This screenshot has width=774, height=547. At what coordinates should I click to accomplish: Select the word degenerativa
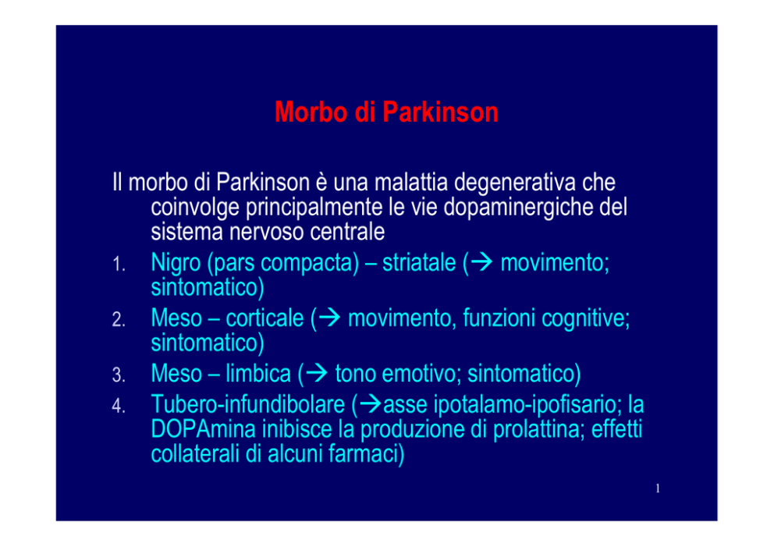(515, 183)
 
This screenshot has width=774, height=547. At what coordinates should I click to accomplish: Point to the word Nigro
(176, 264)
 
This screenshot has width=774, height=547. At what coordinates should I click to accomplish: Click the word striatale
(419, 262)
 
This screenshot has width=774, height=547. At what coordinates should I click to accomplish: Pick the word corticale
(265, 318)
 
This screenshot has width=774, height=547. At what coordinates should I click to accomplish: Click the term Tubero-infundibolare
(248, 404)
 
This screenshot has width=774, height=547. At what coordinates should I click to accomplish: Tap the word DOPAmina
(204, 429)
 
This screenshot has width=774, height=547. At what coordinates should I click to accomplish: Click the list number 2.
(118, 320)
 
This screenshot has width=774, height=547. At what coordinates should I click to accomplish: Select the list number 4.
(118, 406)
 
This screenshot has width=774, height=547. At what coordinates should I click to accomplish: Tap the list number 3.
(118, 375)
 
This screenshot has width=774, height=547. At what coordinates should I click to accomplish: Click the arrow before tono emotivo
(317, 373)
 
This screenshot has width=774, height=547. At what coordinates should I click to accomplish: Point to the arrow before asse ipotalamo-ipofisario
(371, 404)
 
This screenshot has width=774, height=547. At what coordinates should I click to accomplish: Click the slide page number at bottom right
(658, 488)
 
